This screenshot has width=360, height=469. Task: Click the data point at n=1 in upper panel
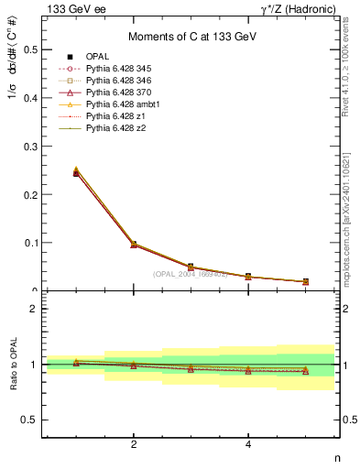(x=76, y=172)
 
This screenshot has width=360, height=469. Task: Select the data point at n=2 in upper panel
(x=134, y=245)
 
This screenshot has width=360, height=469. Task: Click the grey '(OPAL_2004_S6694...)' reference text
(x=191, y=274)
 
